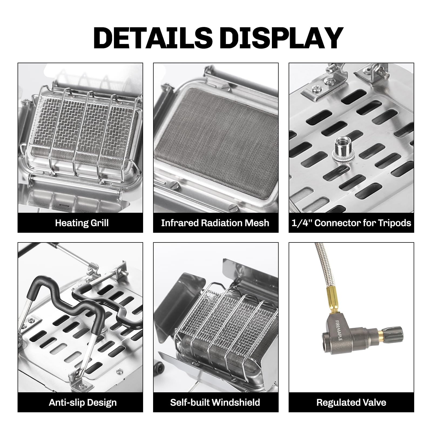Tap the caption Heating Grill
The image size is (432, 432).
tap(82, 223)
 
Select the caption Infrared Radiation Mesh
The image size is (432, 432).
tap(215, 223)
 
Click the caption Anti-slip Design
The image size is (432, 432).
tap(83, 403)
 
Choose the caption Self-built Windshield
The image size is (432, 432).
tap(215, 402)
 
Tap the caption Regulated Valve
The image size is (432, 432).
tap(351, 403)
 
